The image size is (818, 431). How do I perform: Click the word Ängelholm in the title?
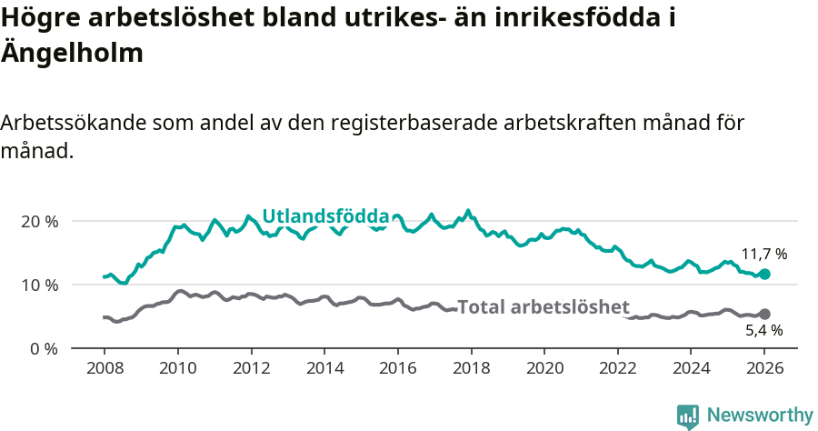pyautogui.click(x=72, y=53)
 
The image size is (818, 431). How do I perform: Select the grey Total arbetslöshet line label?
pyautogui.click(x=543, y=307)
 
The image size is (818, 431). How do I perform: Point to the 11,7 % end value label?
pyautogui.click(x=763, y=254)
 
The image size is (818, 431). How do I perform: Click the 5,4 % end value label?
pyautogui.click(x=763, y=330)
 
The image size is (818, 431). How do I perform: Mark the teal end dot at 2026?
pyautogui.click(x=764, y=274)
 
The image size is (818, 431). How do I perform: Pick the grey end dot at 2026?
pyautogui.click(x=764, y=314)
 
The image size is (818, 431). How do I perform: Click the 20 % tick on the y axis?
pyautogui.click(x=39, y=221)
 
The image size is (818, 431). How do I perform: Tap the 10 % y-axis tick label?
pyautogui.click(x=39, y=285)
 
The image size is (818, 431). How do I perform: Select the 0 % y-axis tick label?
pyautogui.click(x=44, y=348)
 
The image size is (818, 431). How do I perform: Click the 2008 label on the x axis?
pyautogui.click(x=105, y=369)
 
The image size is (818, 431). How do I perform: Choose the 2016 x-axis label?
pyautogui.click(x=397, y=369)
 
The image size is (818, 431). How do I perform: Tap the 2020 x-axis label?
pyautogui.click(x=544, y=369)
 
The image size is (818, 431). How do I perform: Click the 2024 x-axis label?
pyautogui.click(x=691, y=369)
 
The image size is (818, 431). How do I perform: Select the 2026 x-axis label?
pyautogui.click(x=764, y=369)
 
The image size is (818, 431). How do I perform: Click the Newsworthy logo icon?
pyautogui.click(x=688, y=416)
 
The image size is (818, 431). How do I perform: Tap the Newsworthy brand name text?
pyautogui.click(x=759, y=416)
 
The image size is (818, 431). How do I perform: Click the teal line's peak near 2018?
pyautogui.click(x=468, y=211)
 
